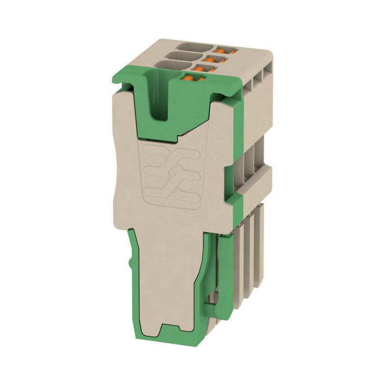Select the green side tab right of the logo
[229, 181]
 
